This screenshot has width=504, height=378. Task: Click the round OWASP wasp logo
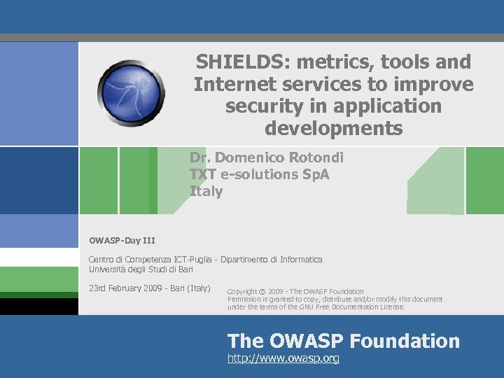pos(131,92)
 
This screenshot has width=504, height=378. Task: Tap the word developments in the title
pos(334,129)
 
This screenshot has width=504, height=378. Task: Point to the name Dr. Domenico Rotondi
pos(266,158)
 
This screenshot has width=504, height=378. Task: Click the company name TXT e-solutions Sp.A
pos(259,174)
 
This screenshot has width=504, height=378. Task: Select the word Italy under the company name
pos(206,191)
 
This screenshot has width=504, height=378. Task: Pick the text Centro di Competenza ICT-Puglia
pos(151,260)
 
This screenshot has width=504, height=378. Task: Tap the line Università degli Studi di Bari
pos(141,269)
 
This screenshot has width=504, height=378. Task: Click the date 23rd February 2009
pos(126,288)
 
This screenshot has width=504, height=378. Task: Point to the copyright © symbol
pos(262,291)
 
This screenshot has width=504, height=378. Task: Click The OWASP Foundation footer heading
pos(344,341)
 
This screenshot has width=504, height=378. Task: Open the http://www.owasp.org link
pos(283,358)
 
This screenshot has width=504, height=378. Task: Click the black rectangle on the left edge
pos(38,307)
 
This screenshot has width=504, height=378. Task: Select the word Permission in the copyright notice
pos(246,299)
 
